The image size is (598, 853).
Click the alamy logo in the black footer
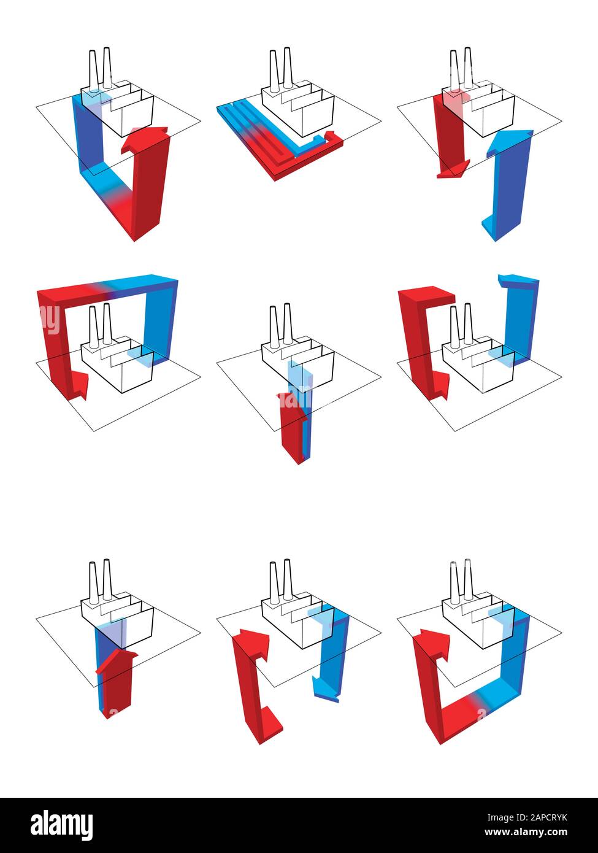click(x=62, y=825)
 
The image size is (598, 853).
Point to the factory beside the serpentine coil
click(x=298, y=104)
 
